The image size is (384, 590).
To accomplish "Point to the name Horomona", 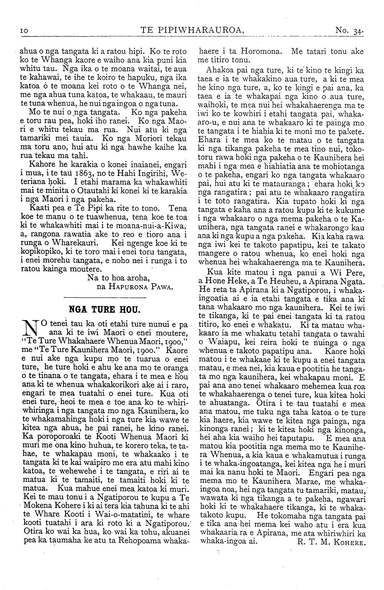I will (x=261, y=51).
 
